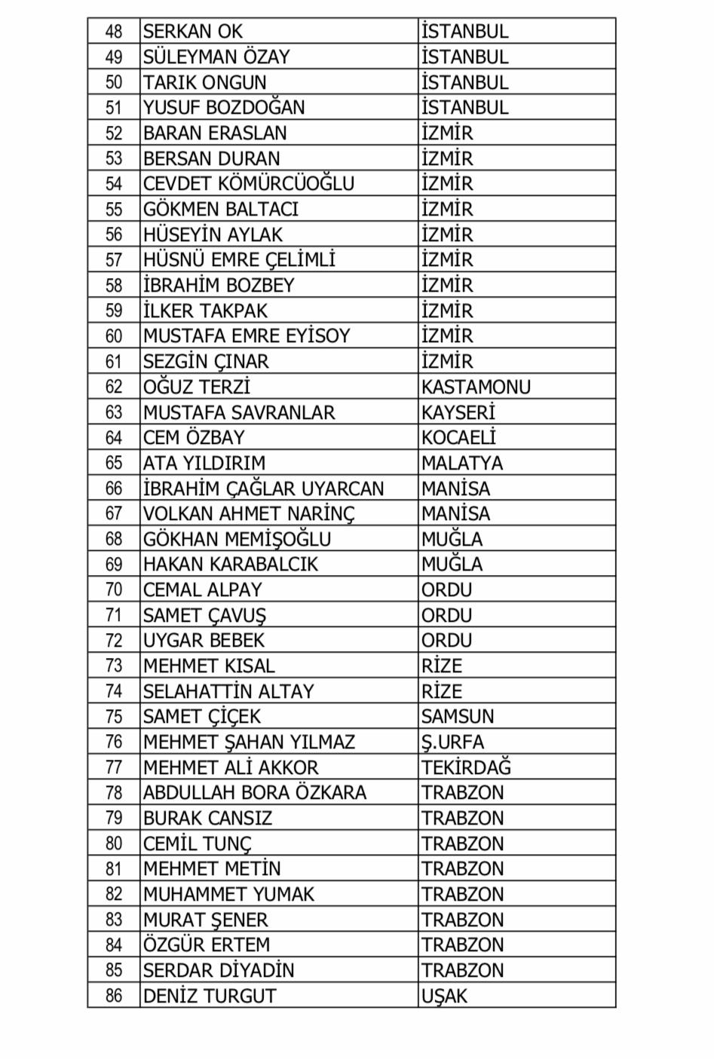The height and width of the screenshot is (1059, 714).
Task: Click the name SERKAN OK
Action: (193, 32)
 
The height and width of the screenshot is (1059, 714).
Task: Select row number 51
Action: (114, 108)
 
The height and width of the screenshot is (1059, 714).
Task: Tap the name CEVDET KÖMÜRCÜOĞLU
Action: (248, 184)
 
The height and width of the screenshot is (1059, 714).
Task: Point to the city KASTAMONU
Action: (476, 387)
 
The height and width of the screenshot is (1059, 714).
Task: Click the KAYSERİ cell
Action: (458, 412)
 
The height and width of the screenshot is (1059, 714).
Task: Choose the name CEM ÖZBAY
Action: (194, 438)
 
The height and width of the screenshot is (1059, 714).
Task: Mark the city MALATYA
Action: (461, 464)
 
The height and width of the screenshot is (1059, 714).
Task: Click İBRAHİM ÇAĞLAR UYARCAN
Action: (263, 488)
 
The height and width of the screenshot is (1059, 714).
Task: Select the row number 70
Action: (114, 590)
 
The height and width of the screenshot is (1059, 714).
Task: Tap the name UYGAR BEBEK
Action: (204, 641)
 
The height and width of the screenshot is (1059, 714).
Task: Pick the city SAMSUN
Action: (458, 717)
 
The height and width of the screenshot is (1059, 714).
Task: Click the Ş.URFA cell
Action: (452, 742)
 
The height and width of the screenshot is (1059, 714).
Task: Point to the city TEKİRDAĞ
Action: (466, 767)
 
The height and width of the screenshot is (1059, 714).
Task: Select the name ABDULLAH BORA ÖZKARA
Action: (254, 793)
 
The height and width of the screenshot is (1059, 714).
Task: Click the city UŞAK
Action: (444, 996)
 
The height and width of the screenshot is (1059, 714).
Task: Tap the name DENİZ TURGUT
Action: (210, 996)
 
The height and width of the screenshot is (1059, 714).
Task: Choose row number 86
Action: (114, 996)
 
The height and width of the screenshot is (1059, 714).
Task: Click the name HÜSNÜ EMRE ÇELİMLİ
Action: (239, 260)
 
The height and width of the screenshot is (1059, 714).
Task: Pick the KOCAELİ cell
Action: (458, 438)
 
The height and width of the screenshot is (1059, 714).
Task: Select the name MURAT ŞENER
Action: (205, 920)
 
